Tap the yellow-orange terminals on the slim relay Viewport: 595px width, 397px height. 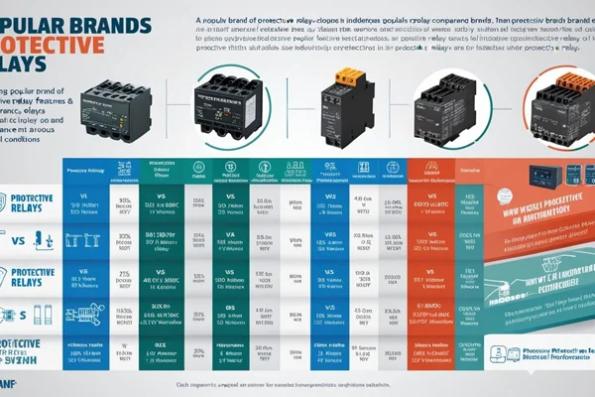pos(348,76)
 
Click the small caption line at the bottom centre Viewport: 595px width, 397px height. pos(297,385)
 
